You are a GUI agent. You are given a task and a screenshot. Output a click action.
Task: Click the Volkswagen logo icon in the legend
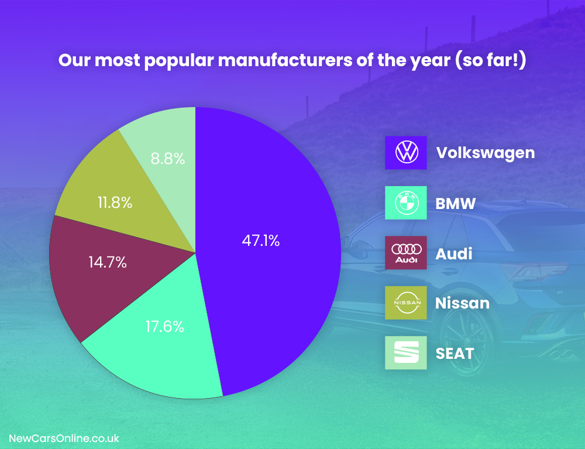(x=405, y=153)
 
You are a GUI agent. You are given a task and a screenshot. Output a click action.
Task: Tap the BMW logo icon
(x=405, y=203)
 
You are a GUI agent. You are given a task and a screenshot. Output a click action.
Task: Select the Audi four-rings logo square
(x=405, y=253)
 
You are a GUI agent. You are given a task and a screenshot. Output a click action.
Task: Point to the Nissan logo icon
(x=405, y=303)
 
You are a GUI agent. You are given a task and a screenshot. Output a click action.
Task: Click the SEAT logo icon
(x=405, y=353)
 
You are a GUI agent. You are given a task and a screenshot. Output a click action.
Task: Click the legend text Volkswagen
(x=486, y=153)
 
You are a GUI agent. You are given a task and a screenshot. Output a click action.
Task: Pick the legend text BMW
(x=456, y=204)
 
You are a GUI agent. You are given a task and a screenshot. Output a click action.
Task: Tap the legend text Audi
(x=454, y=253)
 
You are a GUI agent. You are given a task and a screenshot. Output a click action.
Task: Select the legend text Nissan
(x=462, y=303)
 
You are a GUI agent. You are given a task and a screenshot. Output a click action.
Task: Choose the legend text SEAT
(x=455, y=354)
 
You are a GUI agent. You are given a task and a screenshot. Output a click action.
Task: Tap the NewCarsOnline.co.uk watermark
(x=64, y=438)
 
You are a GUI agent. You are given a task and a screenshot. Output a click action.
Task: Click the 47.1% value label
(x=260, y=240)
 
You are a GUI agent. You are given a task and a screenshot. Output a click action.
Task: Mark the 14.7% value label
(x=108, y=262)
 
